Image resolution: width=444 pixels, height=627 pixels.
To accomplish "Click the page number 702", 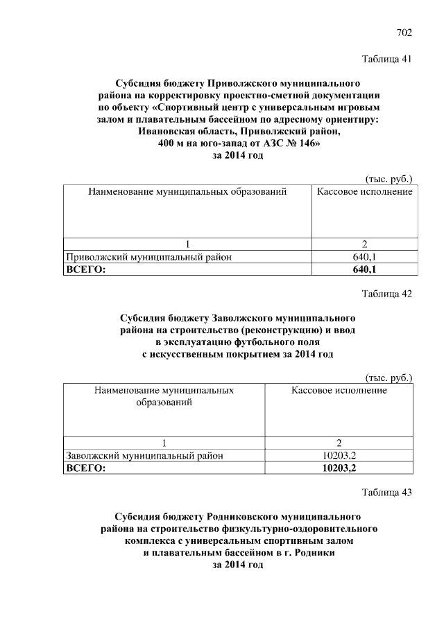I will tap(404, 33).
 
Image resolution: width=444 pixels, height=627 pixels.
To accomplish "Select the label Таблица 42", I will tap(387, 294).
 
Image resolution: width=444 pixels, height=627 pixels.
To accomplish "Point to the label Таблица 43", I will tap(387, 493).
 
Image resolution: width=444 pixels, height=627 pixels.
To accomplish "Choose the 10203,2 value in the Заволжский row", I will tap(339, 456).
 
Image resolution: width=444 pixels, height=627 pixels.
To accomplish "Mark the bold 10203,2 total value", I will tap(339, 468).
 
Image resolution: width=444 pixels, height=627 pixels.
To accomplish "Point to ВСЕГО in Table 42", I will tap(85, 468).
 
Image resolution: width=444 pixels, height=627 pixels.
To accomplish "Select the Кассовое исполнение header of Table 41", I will tap(364, 191).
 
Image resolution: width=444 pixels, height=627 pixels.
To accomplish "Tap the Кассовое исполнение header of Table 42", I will tap(339, 390).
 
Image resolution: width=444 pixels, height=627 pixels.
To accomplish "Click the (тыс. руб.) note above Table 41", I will tap(388, 178).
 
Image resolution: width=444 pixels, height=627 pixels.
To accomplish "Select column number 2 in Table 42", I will tap(339, 443).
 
